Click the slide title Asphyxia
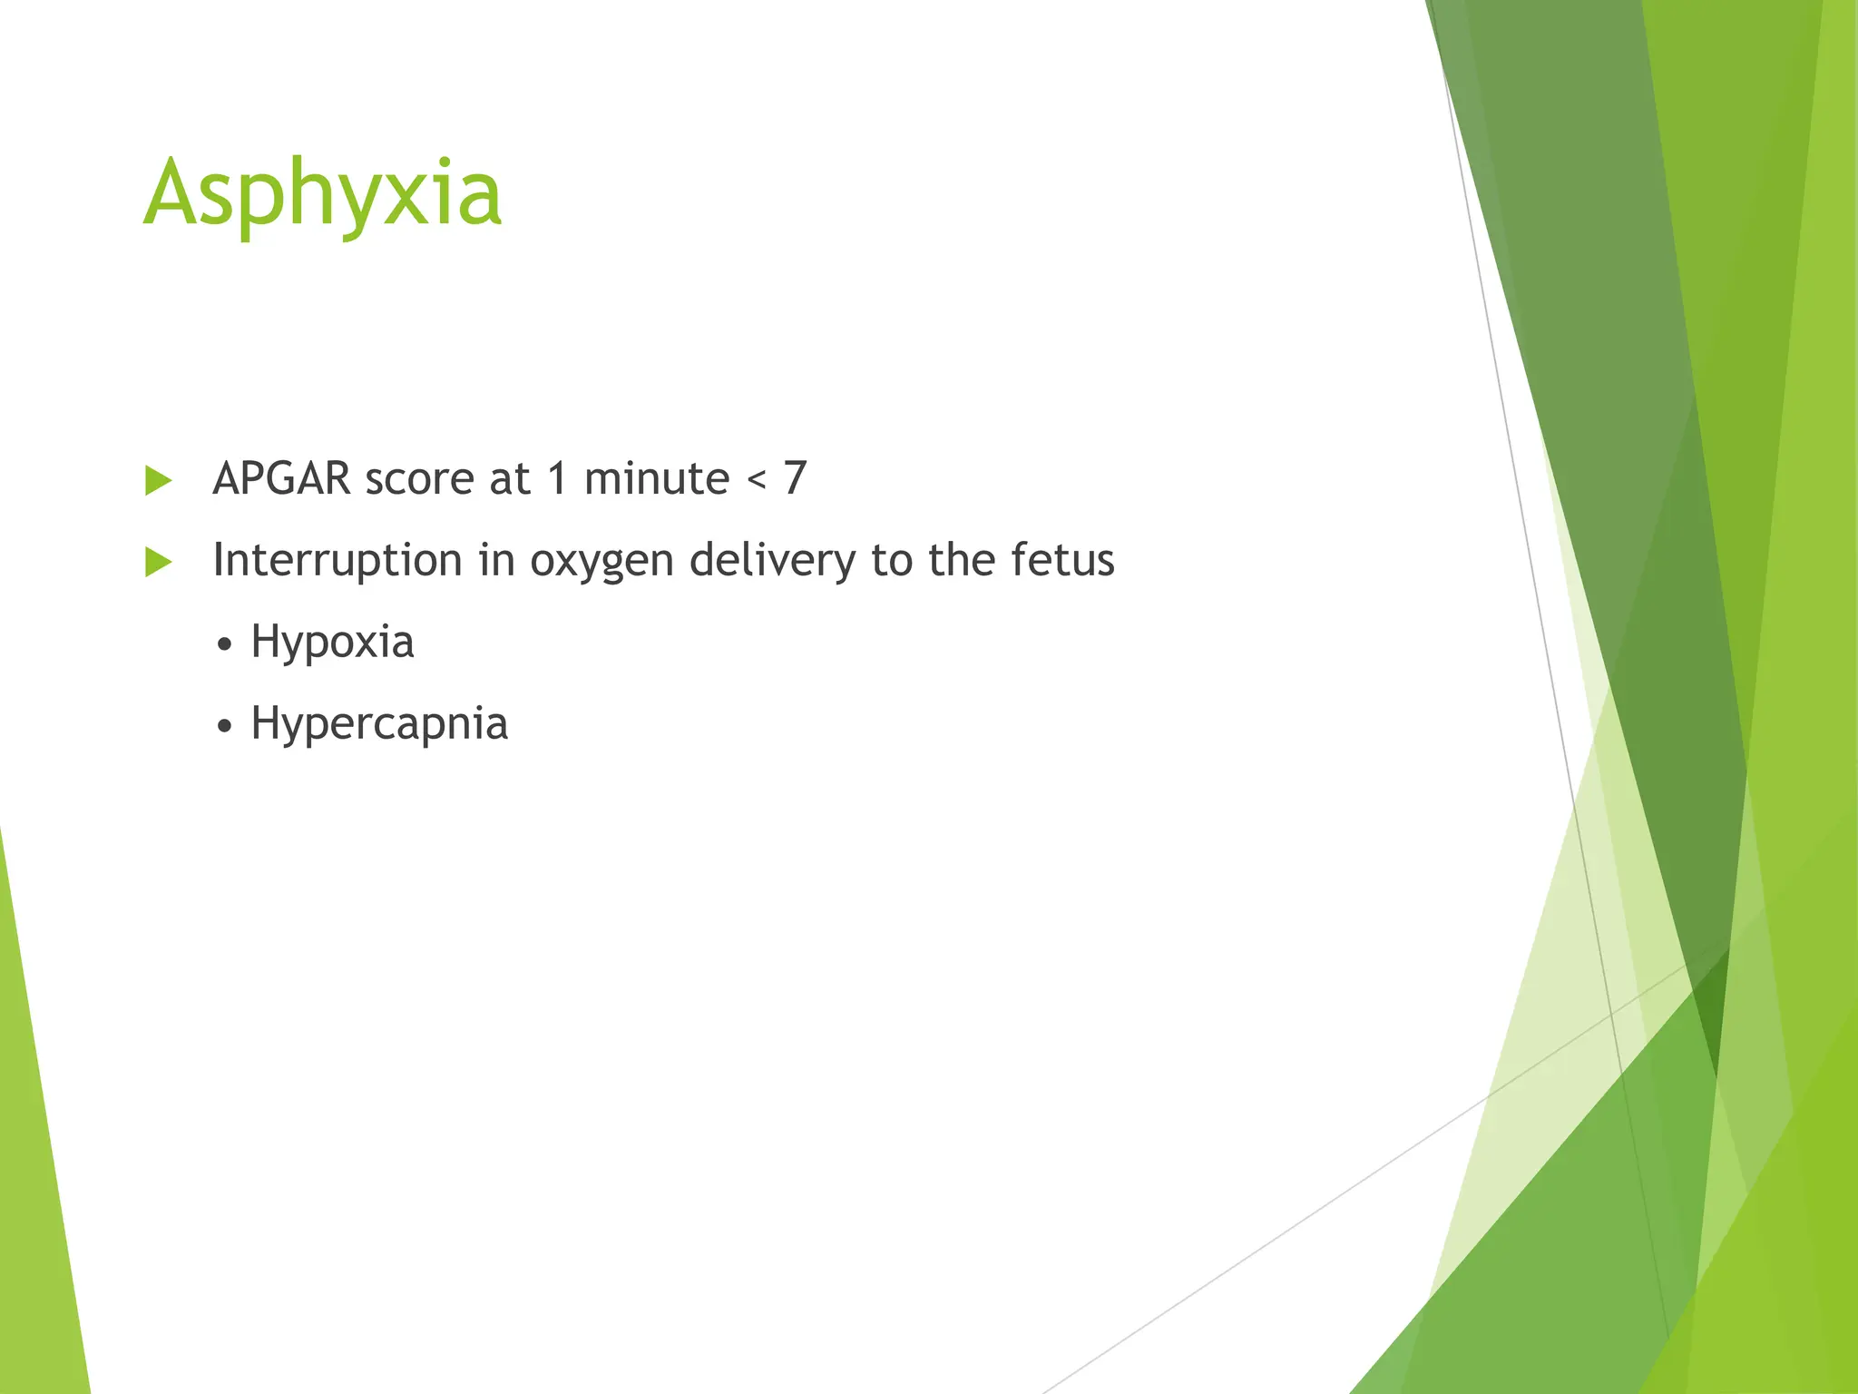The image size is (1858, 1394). (322, 193)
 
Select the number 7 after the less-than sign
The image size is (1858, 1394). (795, 478)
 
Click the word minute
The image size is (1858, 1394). (656, 478)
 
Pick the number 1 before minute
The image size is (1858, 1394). (558, 478)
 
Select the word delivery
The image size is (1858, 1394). (771, 560)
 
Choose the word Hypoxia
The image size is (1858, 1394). (332, 643)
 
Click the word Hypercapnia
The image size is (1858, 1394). (379, 724)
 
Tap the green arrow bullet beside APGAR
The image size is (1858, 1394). (158, 480)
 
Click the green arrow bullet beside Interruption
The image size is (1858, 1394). (158, 562)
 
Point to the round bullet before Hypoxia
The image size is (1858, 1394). (225, 645)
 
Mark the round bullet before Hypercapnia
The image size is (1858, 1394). (225, 727)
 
